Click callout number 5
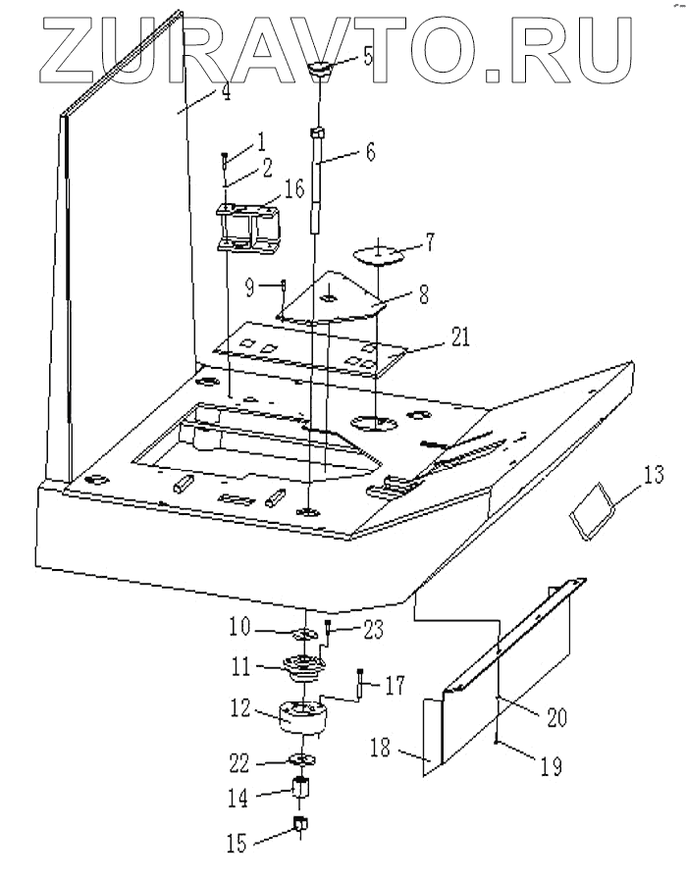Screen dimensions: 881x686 click(x=368, y=54)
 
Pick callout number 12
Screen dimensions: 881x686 click(x=240, y=707)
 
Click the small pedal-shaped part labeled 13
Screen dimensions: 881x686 click(x=591, y=514)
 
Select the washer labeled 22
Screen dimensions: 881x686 click(x=302, y=760)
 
